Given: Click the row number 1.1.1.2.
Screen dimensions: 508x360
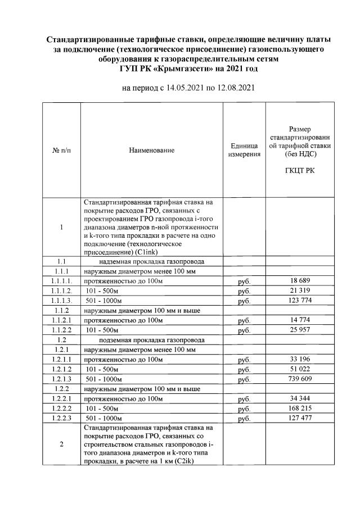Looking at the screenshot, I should click(x=61, y=291).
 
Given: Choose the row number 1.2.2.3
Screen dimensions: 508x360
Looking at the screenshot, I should click(x=61, y=419).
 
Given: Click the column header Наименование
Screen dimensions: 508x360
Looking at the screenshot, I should click(x=151, y=151).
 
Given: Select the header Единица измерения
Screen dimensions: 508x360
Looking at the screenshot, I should click(x=244, y=150).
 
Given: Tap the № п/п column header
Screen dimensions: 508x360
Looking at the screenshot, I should click(x=61, y=151).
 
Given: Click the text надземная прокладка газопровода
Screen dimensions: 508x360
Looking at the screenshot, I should click(x=151, y=261).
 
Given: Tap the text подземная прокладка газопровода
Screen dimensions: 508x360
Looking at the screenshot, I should click(x=151, y=340).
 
